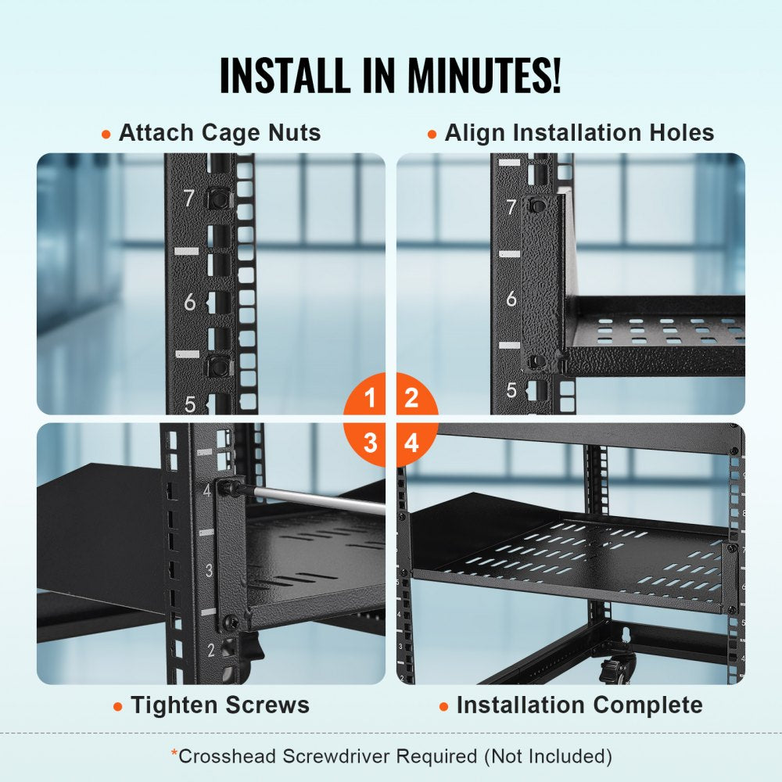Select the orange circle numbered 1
pyautogui.click(x=370, y=398)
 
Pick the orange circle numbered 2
pyautogui.click(x=411, y=398)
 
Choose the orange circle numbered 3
pyautogui.click(x=370, y=443)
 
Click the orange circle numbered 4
pyautogui.click(x=411, y=443)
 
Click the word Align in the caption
pyautogui.click(x=472, y=133)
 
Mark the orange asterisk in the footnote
pyautogui.click(x=174, y=754)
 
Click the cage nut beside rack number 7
pyautogui.click(x=219, y=199)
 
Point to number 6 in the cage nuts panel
pyautogui.click(x=189, y=303)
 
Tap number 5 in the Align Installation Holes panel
pyautogui.click(x=511, y=389)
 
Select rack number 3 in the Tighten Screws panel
pyautogui.click(x=208, y=570)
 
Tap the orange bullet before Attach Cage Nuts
pyautogui.click(x=106, y=135)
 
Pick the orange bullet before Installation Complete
pyautogui.click(x=444, y=706)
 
